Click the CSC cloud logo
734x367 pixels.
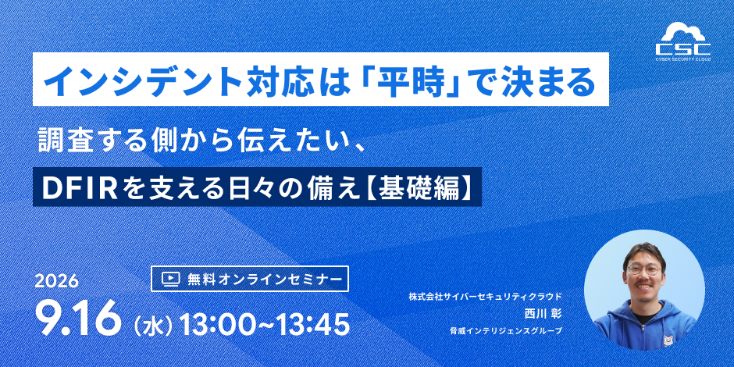(682, 41)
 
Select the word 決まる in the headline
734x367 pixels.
(551, 80)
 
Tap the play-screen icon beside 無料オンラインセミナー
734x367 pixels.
(170, 279)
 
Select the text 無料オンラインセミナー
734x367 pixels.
(264, 279)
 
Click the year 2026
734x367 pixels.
(56, 281)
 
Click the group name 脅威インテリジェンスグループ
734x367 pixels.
(505, 331)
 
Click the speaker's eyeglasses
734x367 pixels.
(644, 269)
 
